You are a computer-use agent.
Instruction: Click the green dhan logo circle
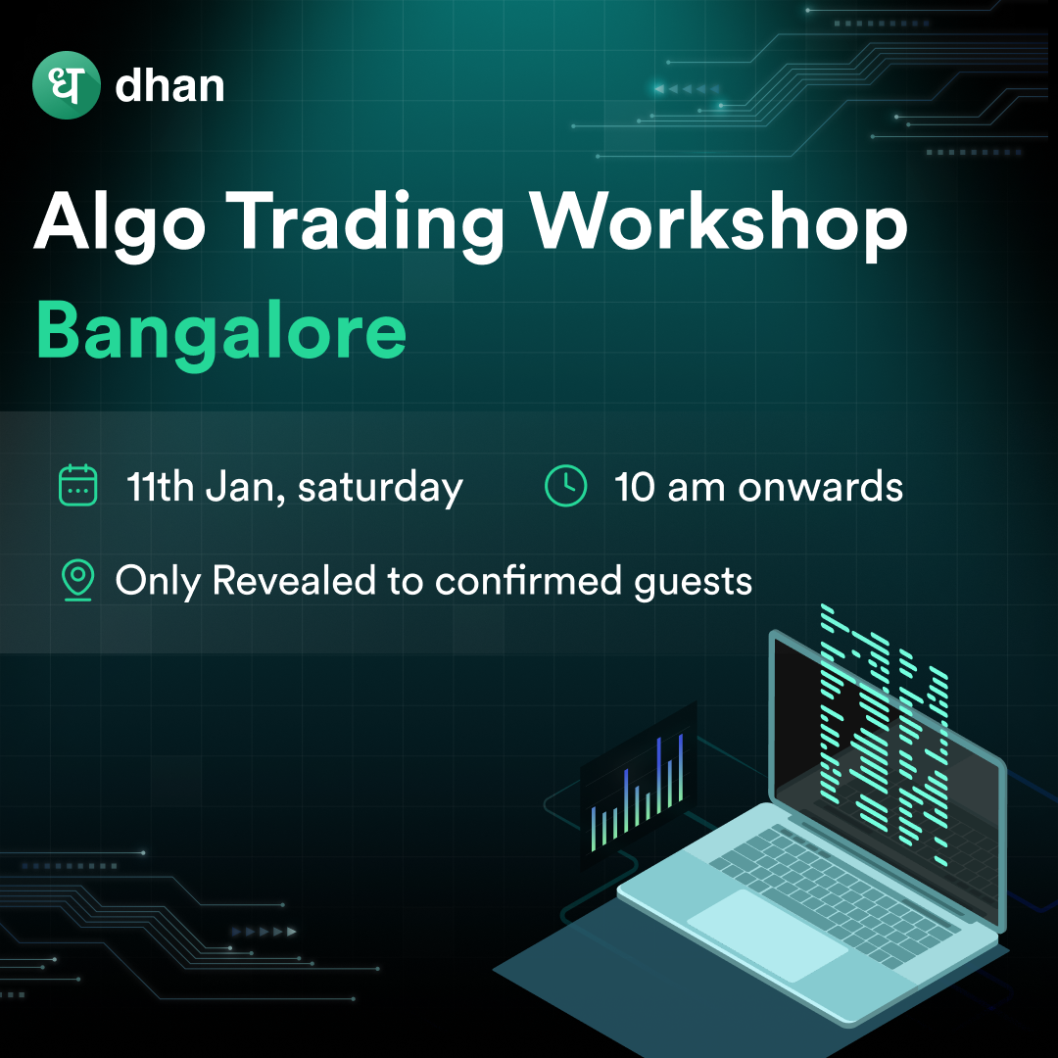click(x=67, y=85)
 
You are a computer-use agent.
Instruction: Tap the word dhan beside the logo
click(x=169, y=85)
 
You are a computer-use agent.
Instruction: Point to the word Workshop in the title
click(x=718, y=222)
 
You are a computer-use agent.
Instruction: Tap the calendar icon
click(x=78, y=485)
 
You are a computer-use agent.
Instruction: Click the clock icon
click(x=565, y=485)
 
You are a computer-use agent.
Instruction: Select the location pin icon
click(x=78, y=580)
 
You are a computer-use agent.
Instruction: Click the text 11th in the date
click(x=160, y=486)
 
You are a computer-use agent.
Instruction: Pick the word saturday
click(x=380, y=489)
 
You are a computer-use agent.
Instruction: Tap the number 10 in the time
click(x=634, y=487)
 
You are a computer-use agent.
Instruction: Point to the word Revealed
click(x=294, y=580)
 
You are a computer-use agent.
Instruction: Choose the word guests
click(x=693, y=582)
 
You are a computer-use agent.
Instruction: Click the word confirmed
click(x=528, y=580)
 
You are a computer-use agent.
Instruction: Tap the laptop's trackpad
click(x=767, y=935)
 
